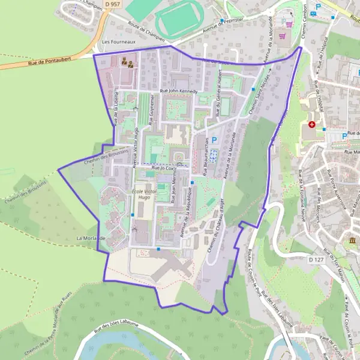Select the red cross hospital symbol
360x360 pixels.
[x=311, y=125]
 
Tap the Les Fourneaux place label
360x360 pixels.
[x=116, y=42]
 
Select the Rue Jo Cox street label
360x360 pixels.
[x=164, y=169]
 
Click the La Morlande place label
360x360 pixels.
[x=91, y=238]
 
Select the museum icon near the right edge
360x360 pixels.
[x=352, y=241]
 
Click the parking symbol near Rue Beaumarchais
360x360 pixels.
[x=213, y=139]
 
